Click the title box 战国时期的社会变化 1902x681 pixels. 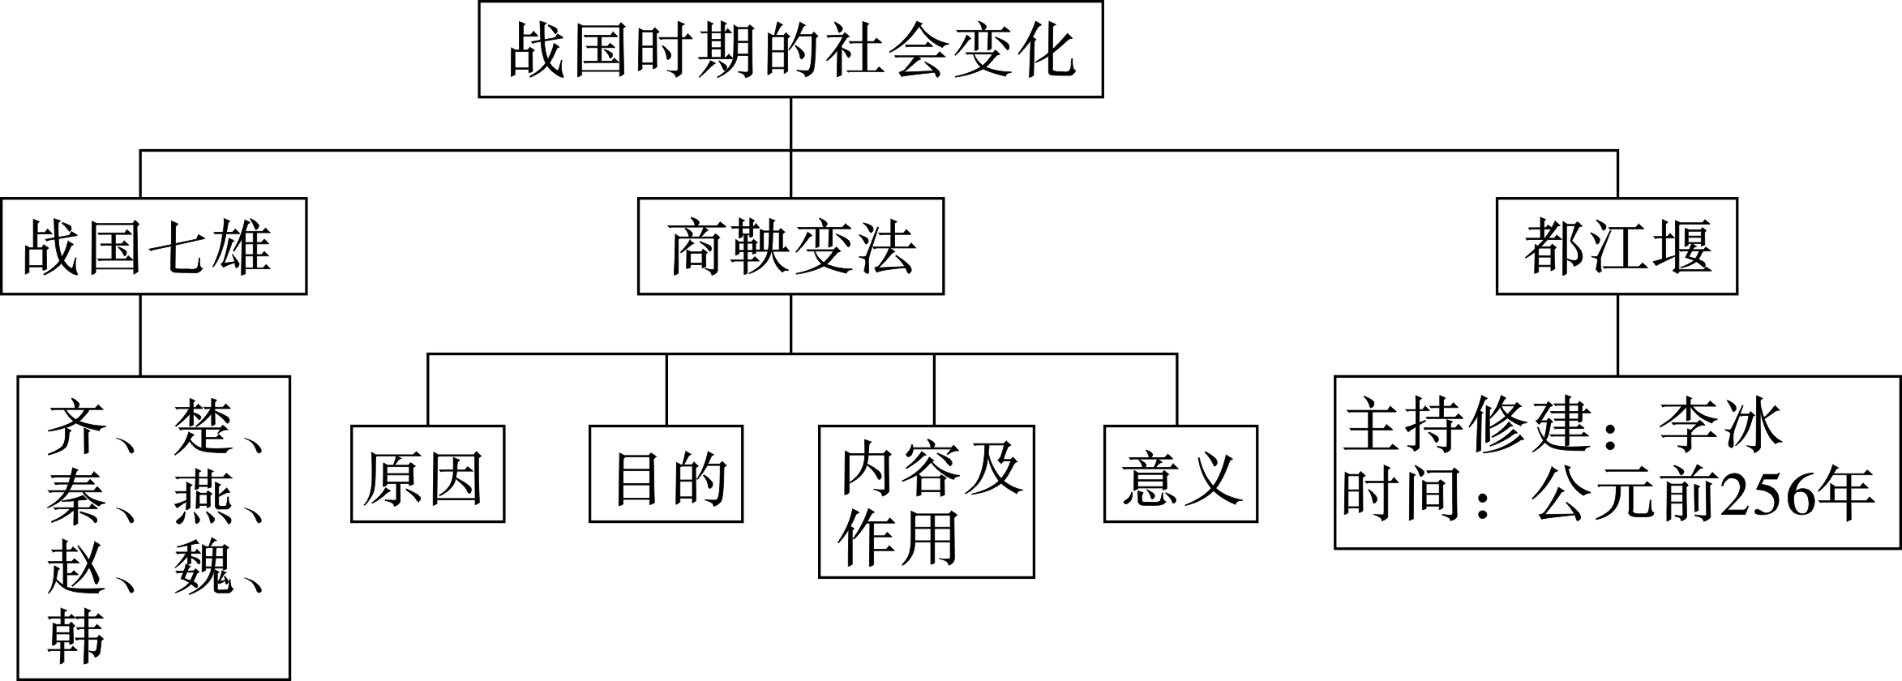[790, 49]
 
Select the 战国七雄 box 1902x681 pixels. [153, 246]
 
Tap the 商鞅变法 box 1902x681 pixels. [790, 246]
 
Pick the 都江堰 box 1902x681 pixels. [1617, 246]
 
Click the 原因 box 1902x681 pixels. [427, 473]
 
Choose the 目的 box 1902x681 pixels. [666, 473]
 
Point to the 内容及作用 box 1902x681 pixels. [926, 501]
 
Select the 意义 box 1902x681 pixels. [1180, 473]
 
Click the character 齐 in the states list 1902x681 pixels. [75, 426]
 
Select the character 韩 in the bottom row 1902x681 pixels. [75, 637]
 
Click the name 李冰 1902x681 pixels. [1719, 424]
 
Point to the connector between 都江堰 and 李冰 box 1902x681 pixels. [1617, 334]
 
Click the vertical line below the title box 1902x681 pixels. [790, 123]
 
